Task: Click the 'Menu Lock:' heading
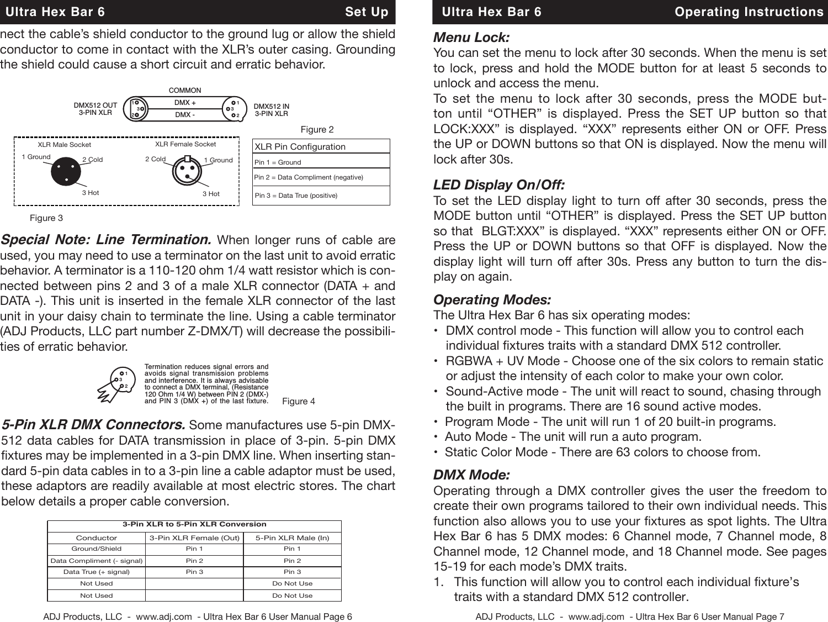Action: click(471, 38)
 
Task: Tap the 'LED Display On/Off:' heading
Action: click(499, 185)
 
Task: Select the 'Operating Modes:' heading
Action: click(492, 300)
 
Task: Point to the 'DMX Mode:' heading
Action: click(471, 475)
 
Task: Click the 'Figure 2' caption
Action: click(317, 130)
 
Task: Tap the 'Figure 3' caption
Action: click(46, 218)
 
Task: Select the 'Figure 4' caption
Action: click(298, 401)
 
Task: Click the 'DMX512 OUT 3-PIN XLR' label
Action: click(95, 109)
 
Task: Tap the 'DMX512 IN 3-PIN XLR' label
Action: click(271, 109)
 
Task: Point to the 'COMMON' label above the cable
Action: click(185, 90)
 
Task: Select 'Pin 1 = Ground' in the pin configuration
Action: click(278, 162)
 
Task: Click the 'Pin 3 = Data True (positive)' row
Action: click(296, 196)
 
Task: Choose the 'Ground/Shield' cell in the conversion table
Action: click(97, 549)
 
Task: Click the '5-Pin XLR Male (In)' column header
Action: click(292, 537)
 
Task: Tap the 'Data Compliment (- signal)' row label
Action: click(97, 561)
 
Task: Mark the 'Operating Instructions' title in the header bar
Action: click(749, 12)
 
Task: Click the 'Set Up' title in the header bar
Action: click(367, 12)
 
